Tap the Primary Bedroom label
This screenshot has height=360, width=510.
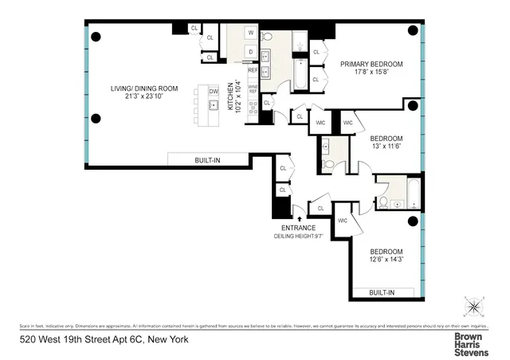tap(371, 65)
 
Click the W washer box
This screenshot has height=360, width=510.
tap(250, 33)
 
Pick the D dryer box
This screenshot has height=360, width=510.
tap(250, 52)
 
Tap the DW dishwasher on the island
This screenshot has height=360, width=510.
tap(214, 92)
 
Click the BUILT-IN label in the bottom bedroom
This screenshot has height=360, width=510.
tap(382, 292)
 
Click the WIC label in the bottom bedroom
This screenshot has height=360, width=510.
tap(343, 221)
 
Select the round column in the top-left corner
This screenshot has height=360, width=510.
tap(96, 36)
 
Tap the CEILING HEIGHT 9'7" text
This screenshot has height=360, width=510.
tap(299, 237)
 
